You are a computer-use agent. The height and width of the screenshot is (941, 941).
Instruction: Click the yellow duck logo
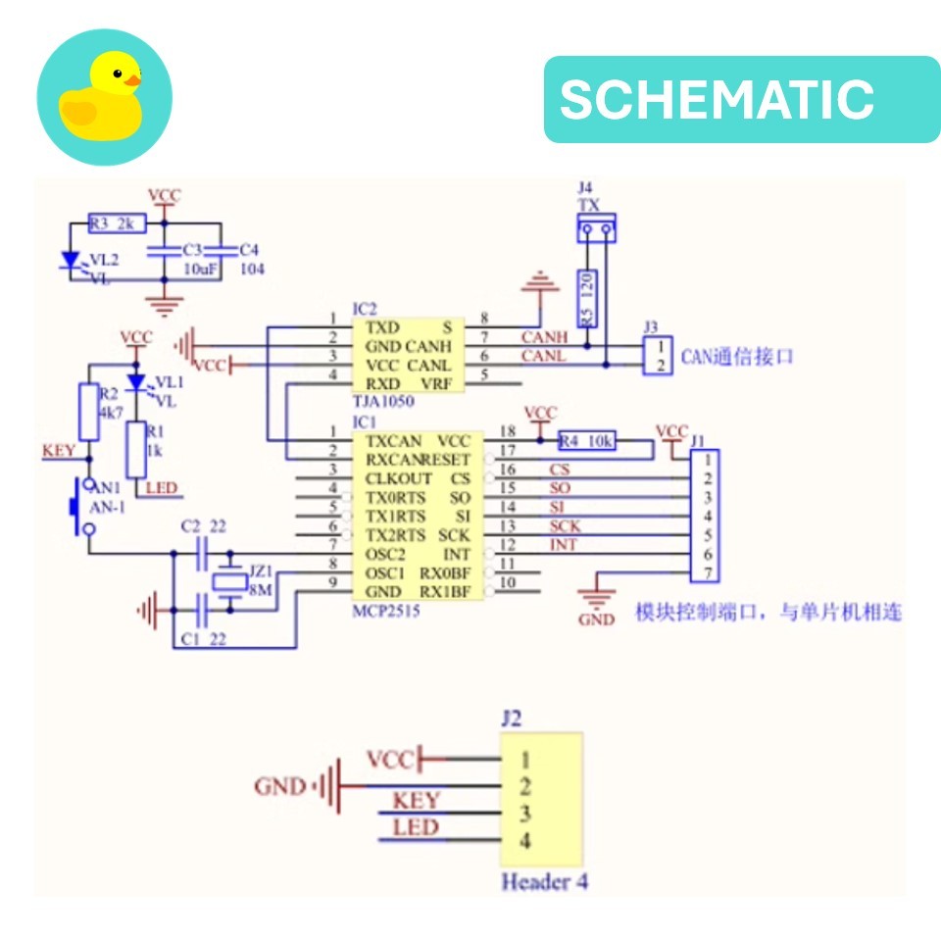coord(104,96)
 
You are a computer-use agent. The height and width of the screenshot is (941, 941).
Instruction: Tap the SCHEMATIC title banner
coord(741,99)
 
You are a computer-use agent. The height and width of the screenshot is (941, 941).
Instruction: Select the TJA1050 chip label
coord(382,402)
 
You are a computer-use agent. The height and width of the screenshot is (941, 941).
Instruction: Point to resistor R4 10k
coord(586,441)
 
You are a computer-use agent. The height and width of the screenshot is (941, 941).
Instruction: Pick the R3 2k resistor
coord(117,223)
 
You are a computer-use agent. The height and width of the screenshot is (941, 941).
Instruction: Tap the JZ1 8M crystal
coord(231,582)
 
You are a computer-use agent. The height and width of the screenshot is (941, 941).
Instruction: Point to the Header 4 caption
coord(544,881)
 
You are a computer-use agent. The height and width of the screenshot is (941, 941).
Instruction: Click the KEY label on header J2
coord(416,801)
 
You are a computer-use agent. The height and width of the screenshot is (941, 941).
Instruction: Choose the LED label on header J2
coord(416,828)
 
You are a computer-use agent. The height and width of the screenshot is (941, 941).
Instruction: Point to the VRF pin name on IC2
coord(436,383)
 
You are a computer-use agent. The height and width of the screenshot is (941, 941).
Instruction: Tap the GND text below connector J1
coord(596,619)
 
